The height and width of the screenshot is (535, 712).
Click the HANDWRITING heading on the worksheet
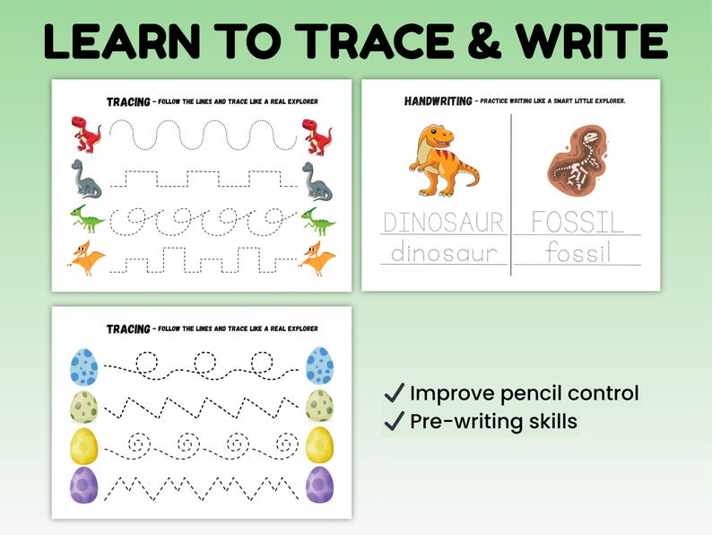pyautogui.click(x=437, y=101)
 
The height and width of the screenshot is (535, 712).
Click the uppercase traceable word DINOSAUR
pyautogui.click(x=443, y=222)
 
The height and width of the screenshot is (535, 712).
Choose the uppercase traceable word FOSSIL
pyautogui.click(x=577, y=222)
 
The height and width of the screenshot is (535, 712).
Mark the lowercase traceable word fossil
pyautogui.click(x=577, y=253)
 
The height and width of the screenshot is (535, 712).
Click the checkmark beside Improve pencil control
pyautogui.click(x=393, y=393)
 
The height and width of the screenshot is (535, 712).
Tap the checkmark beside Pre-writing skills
pyautogui.click(x=393, y=421)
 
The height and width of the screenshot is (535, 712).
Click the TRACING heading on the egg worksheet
pyautogui.click(x=128, y=329)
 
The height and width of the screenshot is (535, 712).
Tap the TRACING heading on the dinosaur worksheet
pyautogui.click(x=128, y=101)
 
